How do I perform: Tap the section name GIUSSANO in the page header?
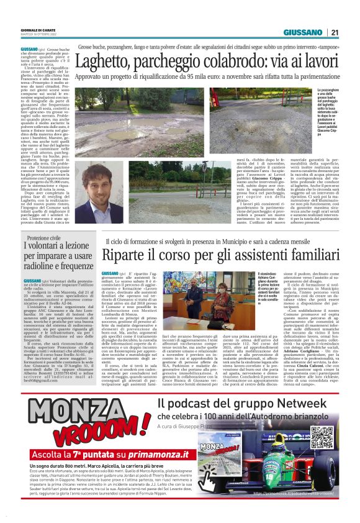(303, 33)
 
